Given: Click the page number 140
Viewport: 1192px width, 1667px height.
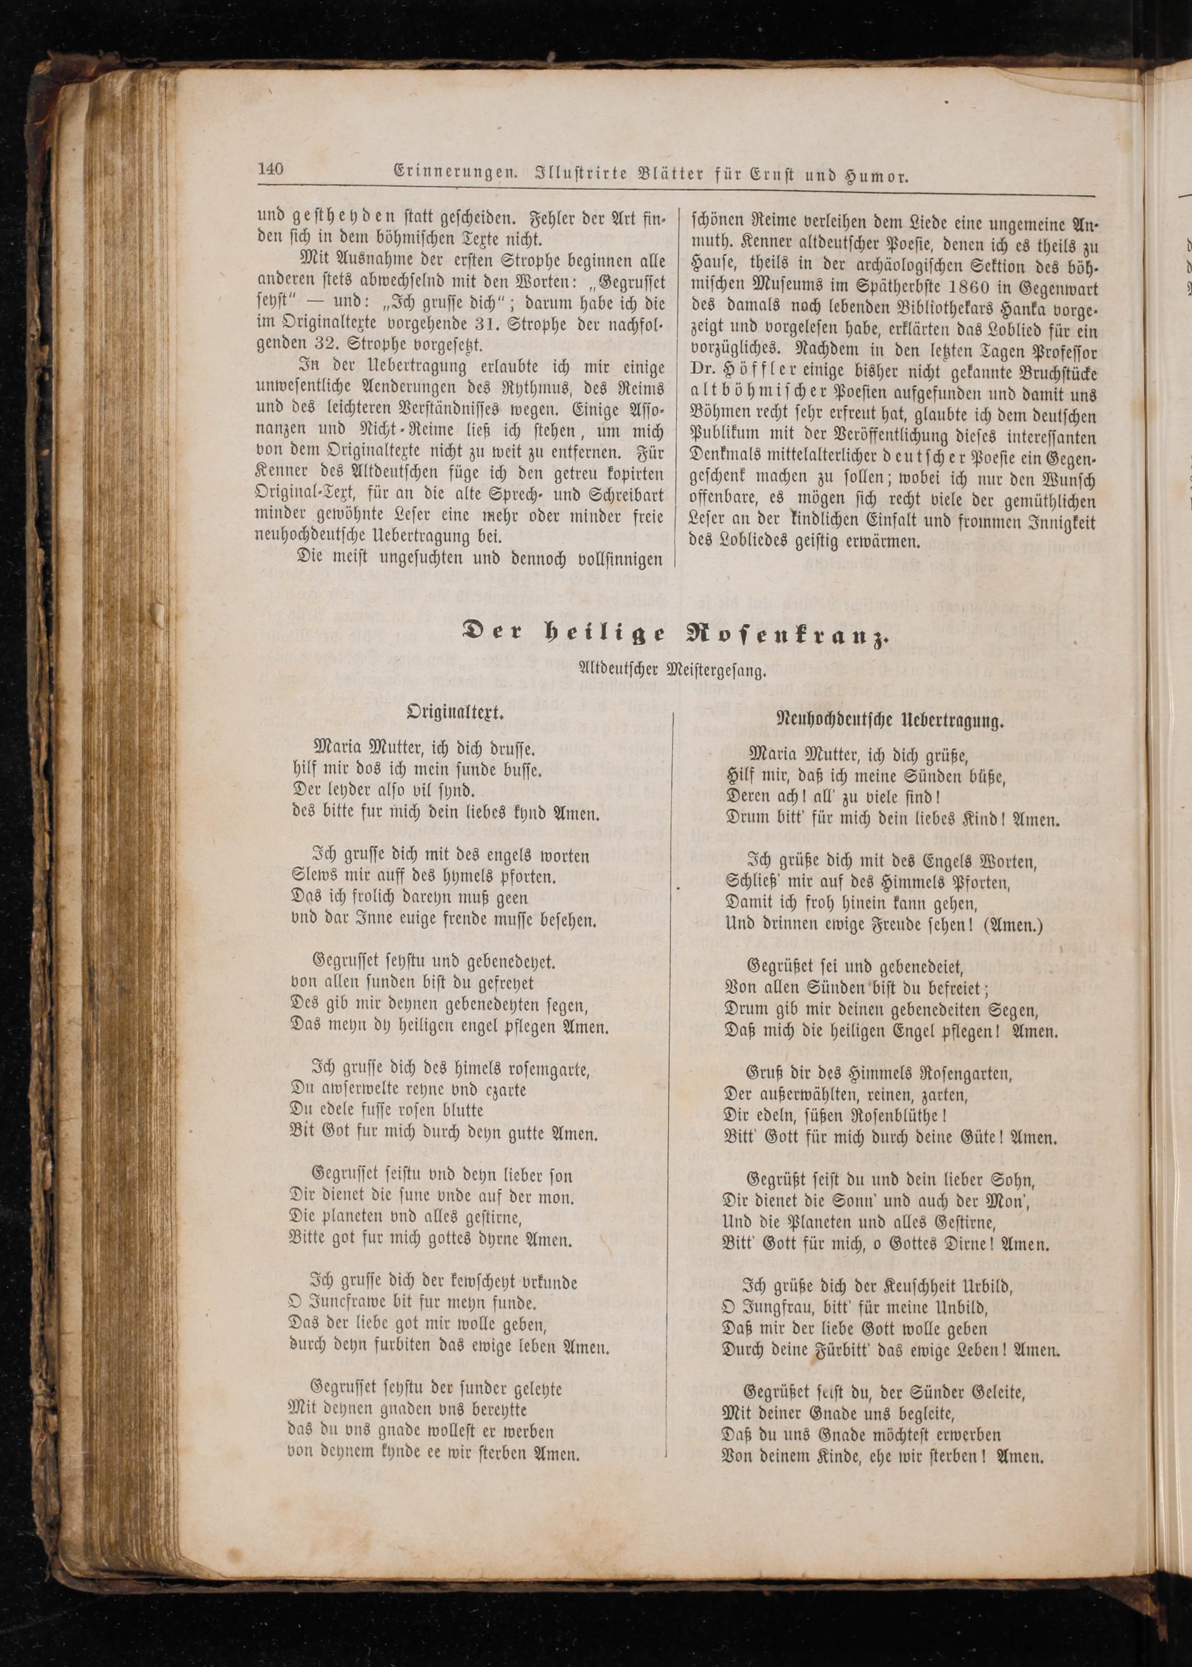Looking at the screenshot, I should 270,169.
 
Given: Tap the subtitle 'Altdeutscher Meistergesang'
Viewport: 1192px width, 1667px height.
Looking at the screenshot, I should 672,670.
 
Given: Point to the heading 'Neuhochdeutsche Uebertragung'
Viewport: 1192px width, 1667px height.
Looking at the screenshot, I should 890,721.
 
